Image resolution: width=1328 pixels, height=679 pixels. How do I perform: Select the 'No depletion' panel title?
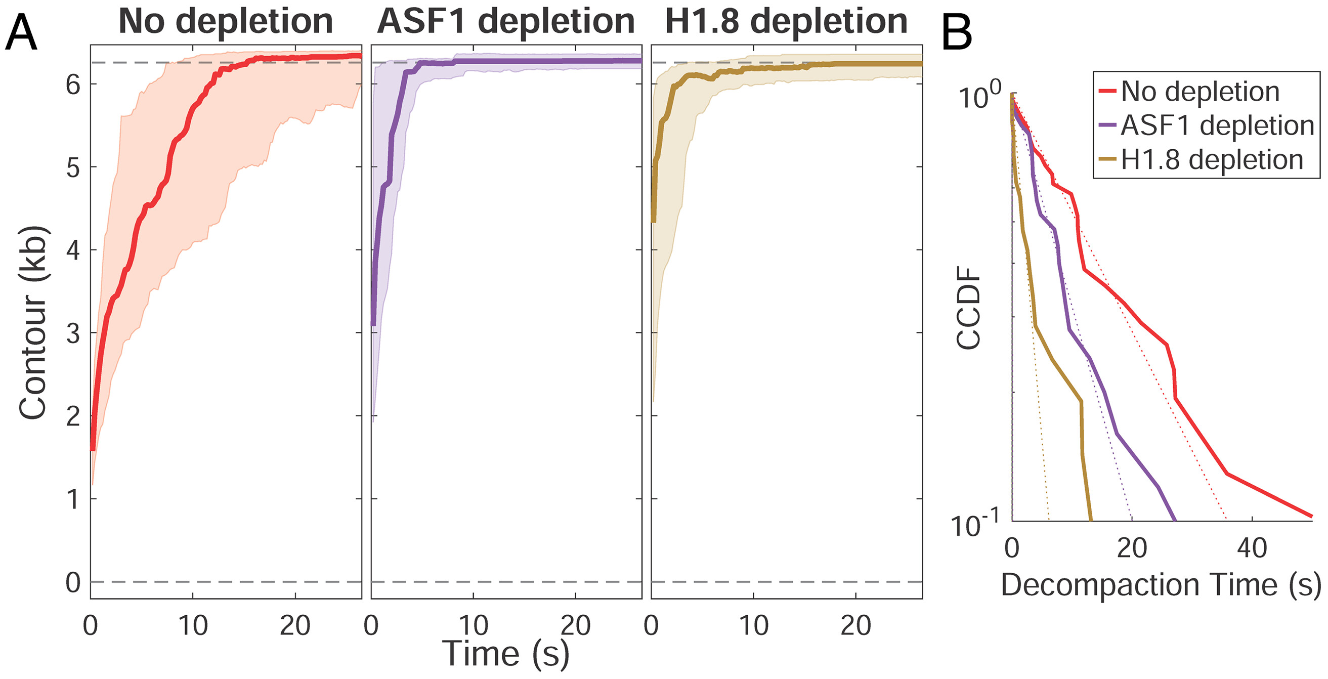click(x=225, y=22)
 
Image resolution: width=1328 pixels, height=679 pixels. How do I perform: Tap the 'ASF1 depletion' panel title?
click(x=505, y=22)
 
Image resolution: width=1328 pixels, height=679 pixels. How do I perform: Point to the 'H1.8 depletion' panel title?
click(x=786, y=22)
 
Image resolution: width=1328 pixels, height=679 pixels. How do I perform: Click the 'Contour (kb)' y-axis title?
click(x=33, y=322)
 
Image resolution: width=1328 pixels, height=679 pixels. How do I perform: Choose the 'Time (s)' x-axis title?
click(x=505, y=654)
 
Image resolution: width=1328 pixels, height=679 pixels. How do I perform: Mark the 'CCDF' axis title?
click(x=968, y=308)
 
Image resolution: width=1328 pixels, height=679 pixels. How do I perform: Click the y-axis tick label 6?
click(x=73, y=84)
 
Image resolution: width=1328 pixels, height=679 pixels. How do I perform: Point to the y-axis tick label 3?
click(x=73, y=333)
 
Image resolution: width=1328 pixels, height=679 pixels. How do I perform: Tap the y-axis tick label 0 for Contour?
click(x=73, y=582)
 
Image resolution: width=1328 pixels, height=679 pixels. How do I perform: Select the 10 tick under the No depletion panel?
click(x=193, y=626)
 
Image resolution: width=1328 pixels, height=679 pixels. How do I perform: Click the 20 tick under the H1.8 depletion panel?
click(x=856, y=626)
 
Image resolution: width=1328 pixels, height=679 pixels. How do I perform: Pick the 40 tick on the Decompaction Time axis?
click(x=1252, y=548)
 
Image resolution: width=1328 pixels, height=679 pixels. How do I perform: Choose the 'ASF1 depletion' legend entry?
click(x=1217, y=126)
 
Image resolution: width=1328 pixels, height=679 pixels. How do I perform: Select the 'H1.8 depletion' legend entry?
click(x=1212, y=160)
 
